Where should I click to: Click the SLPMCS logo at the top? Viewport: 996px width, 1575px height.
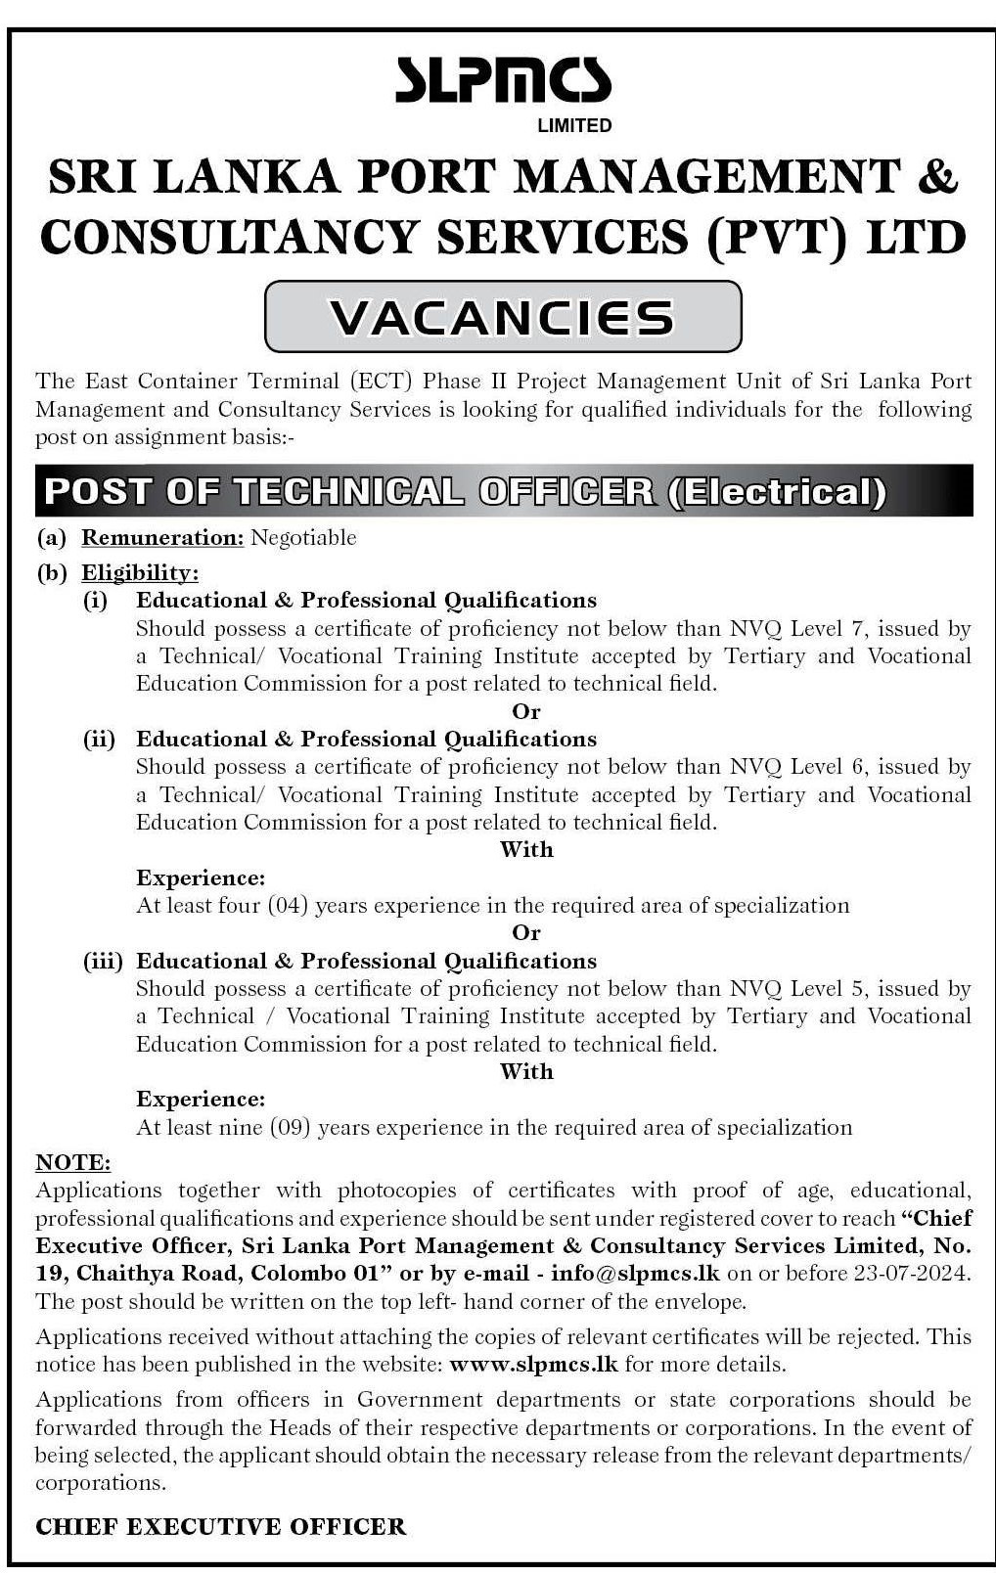tap(502, 81)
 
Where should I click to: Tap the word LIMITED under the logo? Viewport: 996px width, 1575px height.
tap(574, 125)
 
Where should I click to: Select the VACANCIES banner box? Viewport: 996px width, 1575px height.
tap(503, 316)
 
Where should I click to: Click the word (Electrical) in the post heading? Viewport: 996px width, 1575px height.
tap(776, 490)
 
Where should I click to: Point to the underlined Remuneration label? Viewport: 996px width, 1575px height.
tap(161, 537)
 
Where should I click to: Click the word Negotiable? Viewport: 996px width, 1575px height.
tap(303, 537)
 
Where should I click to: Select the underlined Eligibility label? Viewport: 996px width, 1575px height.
tap(139, 572)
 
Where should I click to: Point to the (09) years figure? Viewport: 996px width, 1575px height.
tap(291, 1128)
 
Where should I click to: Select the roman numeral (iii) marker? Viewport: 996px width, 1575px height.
tap(103, 962)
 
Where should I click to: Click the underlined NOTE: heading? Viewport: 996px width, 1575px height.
tap(72, 1163)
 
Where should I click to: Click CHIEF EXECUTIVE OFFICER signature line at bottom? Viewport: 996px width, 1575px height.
tap(220, 1526)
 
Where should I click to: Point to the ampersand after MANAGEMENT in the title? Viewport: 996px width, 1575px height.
tap(938, 177)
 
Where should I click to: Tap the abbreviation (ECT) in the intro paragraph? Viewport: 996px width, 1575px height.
tap(382, 381)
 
